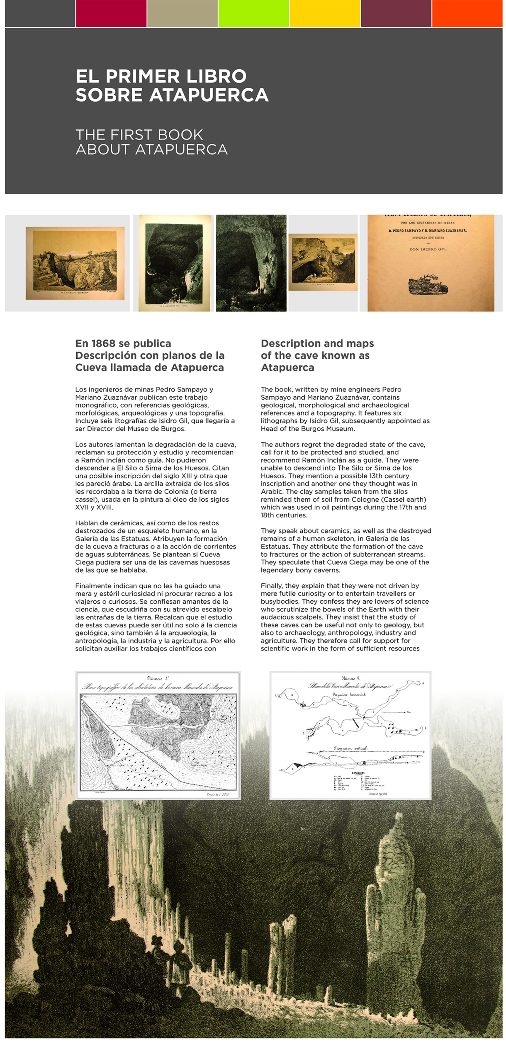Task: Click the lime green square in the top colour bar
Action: pos(253,13)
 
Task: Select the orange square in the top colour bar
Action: pos(467,13)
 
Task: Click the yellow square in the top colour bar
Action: pos(325,13)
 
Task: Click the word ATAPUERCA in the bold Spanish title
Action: pos(208,95)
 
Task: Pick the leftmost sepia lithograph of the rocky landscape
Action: pos(75,263)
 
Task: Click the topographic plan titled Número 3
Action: pos(158,735)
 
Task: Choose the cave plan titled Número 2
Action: pos(350,735)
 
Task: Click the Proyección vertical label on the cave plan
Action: pos(350,748)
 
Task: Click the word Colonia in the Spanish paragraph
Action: pos(203,492)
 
